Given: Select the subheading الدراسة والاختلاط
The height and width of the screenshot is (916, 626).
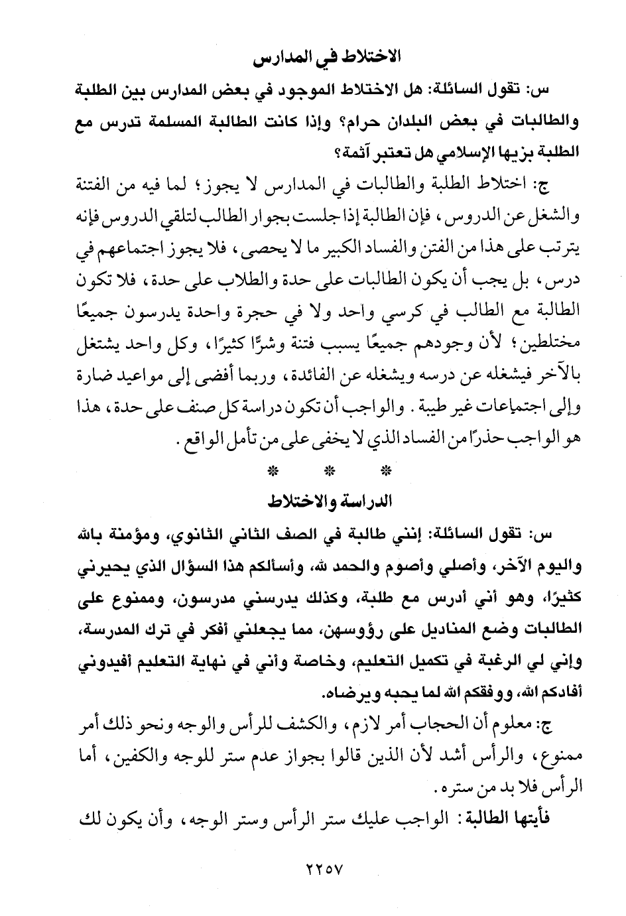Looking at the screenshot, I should [x=326, y=501].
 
